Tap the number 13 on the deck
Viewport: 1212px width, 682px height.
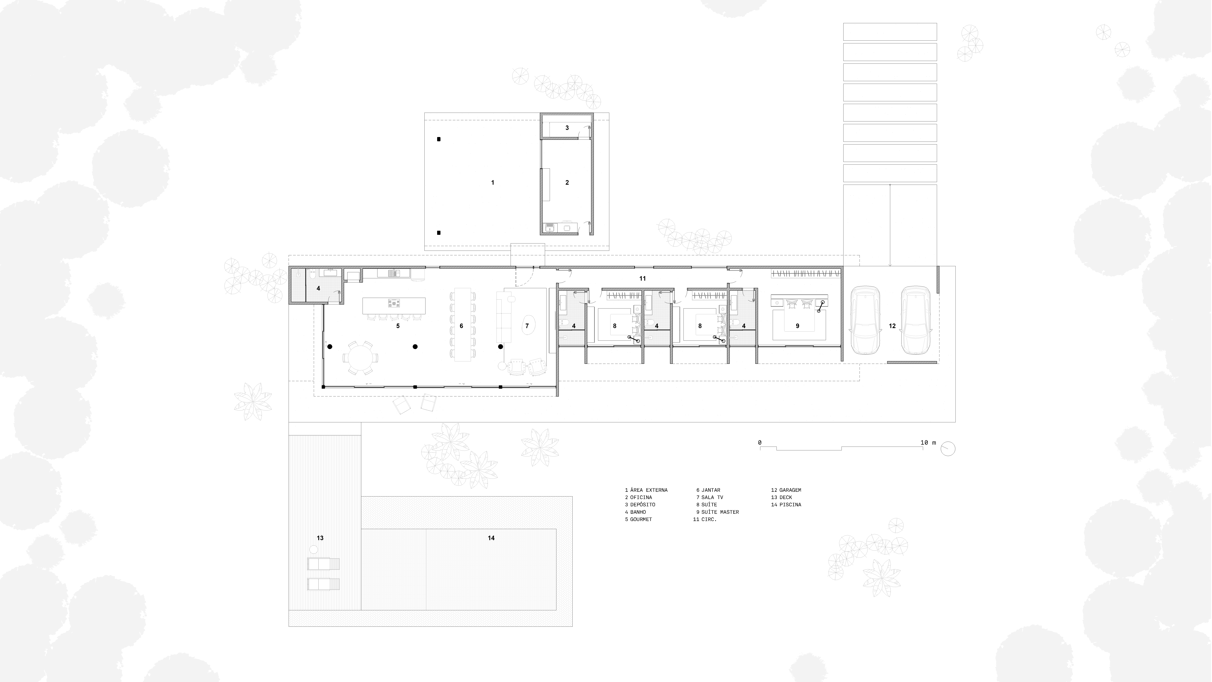coord(320,538)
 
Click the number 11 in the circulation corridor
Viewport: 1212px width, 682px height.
coord(642,279)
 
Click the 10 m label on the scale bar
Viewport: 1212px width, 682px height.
coord(928,443)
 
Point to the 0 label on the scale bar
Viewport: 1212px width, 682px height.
coord(760,443)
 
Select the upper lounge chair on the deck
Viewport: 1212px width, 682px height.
coord(323,564)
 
